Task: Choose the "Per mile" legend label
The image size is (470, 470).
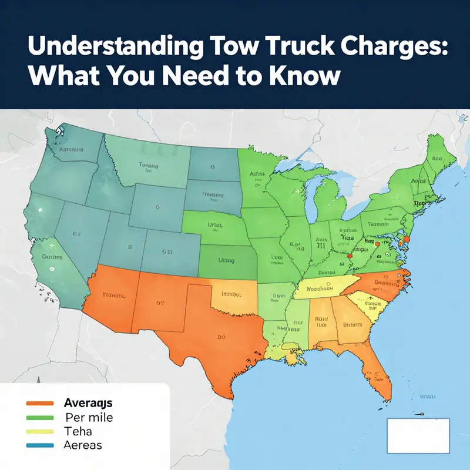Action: pyautogui.click(x=88, y=418)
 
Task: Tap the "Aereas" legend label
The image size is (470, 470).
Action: pyautogui.click(x=82, y=445)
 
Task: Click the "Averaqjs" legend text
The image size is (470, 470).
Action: pyautogui.click(x=88, y=404)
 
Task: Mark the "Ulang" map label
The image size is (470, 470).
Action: pyautogui.click(x=226, y=260)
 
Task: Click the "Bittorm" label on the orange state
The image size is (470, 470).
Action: pyautogui.click(x=352, y=324)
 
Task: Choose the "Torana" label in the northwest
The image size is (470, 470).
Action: pyautogui.click(x=149, y=166)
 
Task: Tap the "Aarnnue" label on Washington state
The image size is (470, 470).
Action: pyautogui.click(x=71, y=149)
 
